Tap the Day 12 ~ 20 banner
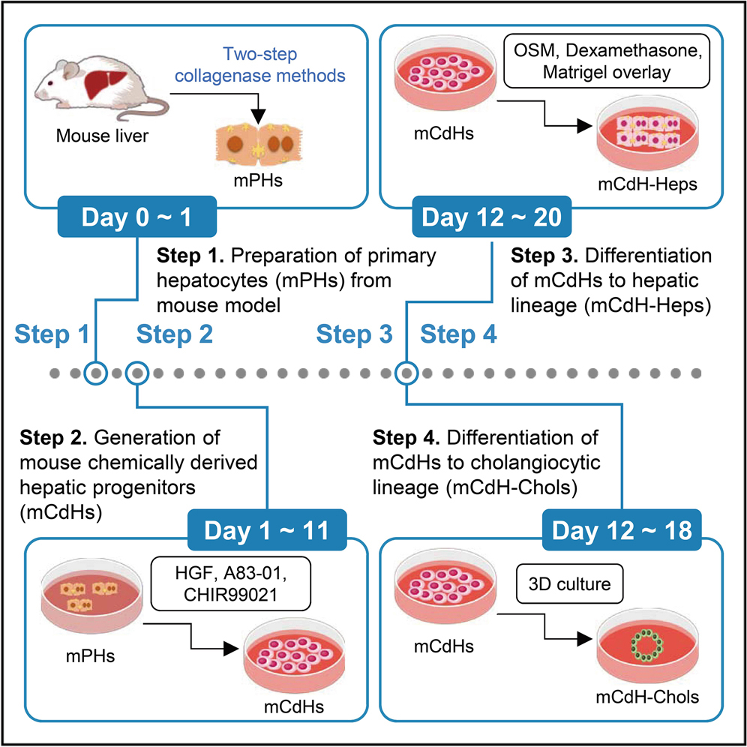[493, 218]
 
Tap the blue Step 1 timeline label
[51, 334]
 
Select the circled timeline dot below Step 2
[137, 372]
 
